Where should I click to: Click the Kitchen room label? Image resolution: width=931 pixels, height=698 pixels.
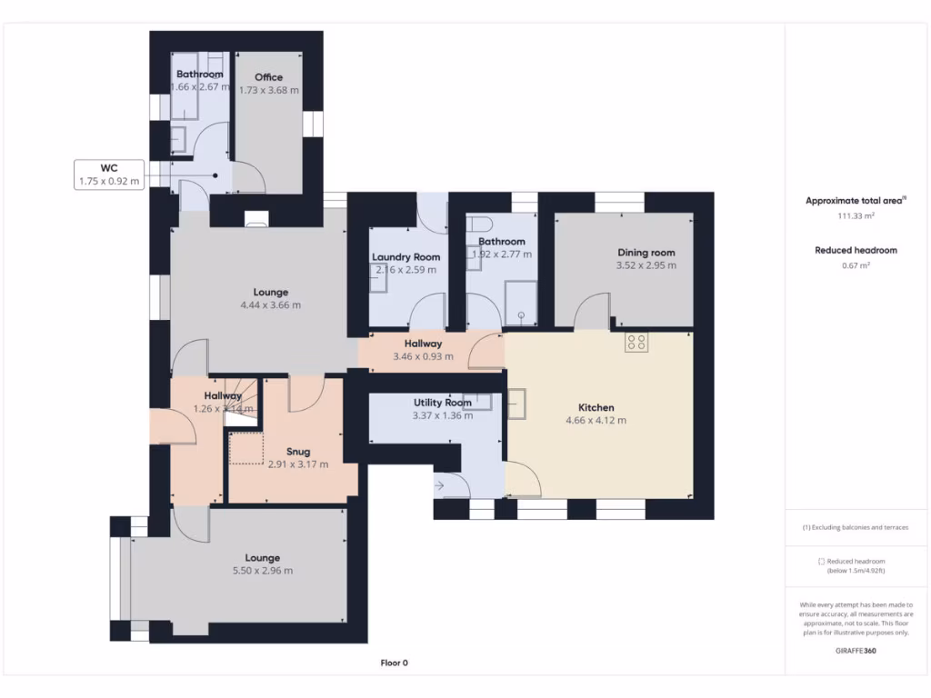point(596,407)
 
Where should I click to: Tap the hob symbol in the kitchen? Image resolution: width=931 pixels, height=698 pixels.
point(636,342)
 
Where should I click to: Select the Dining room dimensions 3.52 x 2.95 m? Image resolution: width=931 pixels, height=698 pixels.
point(646,266)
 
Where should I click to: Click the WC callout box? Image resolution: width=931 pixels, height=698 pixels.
point(109,174)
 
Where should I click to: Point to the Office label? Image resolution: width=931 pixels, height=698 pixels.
point(268,77)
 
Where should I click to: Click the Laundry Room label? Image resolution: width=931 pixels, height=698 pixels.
point(405,257)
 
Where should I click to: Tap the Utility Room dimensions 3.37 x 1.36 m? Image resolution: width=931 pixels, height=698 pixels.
point(442,416)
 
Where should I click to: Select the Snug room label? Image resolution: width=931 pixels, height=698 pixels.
point(298,451)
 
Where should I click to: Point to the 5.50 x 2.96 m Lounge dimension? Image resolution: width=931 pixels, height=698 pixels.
point(262,571)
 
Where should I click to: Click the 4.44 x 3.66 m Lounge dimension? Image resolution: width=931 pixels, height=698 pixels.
point(270,305)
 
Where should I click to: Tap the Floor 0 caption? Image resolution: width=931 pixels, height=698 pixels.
point(394,663)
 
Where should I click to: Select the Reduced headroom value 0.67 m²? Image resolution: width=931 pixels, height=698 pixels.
point(856,265)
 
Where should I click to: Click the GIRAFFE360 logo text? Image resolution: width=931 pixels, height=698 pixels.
point(856,651)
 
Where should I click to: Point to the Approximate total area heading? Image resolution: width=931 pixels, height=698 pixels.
point(856,201)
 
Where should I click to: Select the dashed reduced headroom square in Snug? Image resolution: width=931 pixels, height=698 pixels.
point(245,450)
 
